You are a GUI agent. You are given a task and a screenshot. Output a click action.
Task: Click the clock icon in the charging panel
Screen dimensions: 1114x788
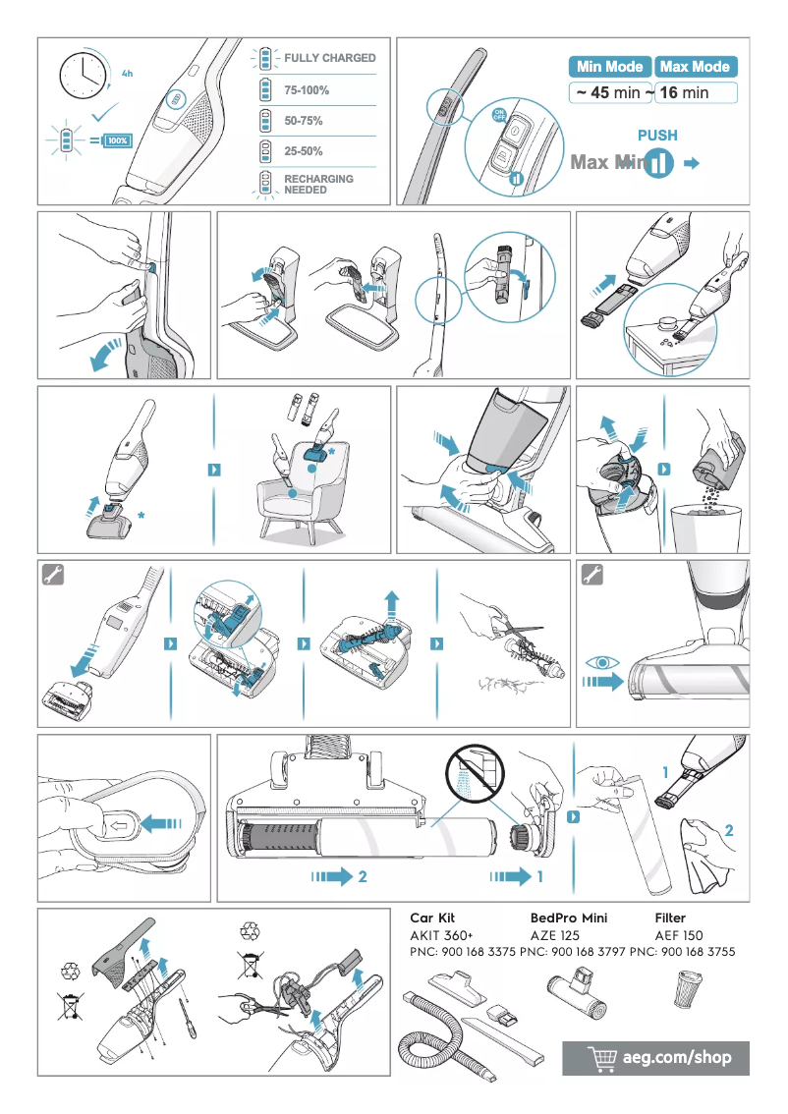(x=84, y=75)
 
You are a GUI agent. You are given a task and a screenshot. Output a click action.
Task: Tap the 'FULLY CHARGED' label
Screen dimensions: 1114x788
(x=329, y=58)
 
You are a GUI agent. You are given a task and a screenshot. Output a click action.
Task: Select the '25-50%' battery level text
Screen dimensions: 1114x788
(x=304, y=151)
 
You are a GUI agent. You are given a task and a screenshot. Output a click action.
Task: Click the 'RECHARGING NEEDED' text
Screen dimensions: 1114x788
(x=318, y=185)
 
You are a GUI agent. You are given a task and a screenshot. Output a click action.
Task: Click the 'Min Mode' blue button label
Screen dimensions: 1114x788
(x=609, y=67)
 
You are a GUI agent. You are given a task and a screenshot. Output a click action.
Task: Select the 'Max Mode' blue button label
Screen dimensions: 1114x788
(x=695, y=67)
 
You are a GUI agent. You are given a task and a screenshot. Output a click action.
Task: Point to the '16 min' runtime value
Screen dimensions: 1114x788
(x=684, y=93)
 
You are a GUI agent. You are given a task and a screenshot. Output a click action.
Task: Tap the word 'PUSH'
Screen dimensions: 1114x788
(x=657, y=136)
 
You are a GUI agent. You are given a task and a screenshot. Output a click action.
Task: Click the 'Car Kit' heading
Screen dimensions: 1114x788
(x=432, y=918)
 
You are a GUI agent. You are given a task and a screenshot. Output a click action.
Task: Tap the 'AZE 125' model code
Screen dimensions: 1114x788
(x=555, y=935)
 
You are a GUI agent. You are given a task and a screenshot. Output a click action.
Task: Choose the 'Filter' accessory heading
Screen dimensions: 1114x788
(x=670, y=918)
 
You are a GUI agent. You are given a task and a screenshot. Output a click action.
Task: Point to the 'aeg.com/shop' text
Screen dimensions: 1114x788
(x=678, y=1058)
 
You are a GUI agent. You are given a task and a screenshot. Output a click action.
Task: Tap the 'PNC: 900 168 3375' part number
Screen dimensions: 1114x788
(x=462, y=952)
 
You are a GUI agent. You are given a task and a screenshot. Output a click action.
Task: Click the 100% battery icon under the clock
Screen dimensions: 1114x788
(x=117, y=140)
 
